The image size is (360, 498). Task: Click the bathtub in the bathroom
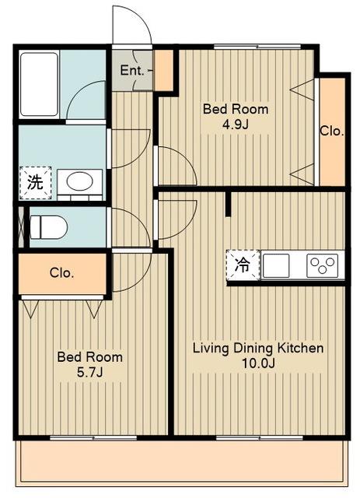(40, 85)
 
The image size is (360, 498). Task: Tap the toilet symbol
(49, 227)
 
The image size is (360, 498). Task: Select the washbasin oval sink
(79, 181)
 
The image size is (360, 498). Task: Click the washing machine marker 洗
(35, 183)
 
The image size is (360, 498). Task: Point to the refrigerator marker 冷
(243, 265)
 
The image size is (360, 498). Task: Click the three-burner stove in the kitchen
(322, 265)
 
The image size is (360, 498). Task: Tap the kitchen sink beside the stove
(276, 265)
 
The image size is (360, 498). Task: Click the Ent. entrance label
(132, 70)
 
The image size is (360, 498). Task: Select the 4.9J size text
(236, 124)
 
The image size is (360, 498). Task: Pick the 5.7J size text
(90, 372)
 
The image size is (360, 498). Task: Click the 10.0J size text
(258, 363)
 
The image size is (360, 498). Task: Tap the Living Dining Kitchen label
(258, 348)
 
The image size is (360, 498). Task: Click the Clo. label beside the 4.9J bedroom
(332, 131)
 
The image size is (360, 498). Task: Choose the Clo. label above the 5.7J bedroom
(62, 273)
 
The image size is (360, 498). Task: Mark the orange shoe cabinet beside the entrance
(164, 70)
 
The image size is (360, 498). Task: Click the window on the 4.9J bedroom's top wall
(257, 47)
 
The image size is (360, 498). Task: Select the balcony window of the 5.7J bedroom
(93, 438)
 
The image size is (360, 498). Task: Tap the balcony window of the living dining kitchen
(260, 438)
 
